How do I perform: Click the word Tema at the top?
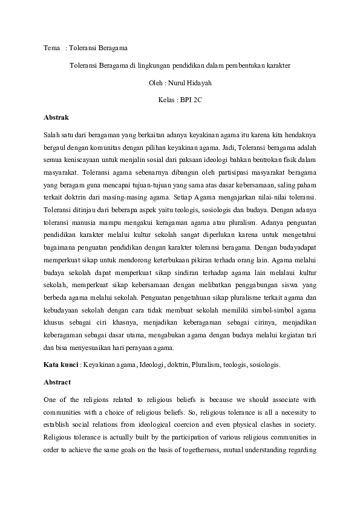tap(52, 48)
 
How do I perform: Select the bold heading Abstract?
tap(57, 382)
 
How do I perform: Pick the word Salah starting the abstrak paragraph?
tap(53, 133)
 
